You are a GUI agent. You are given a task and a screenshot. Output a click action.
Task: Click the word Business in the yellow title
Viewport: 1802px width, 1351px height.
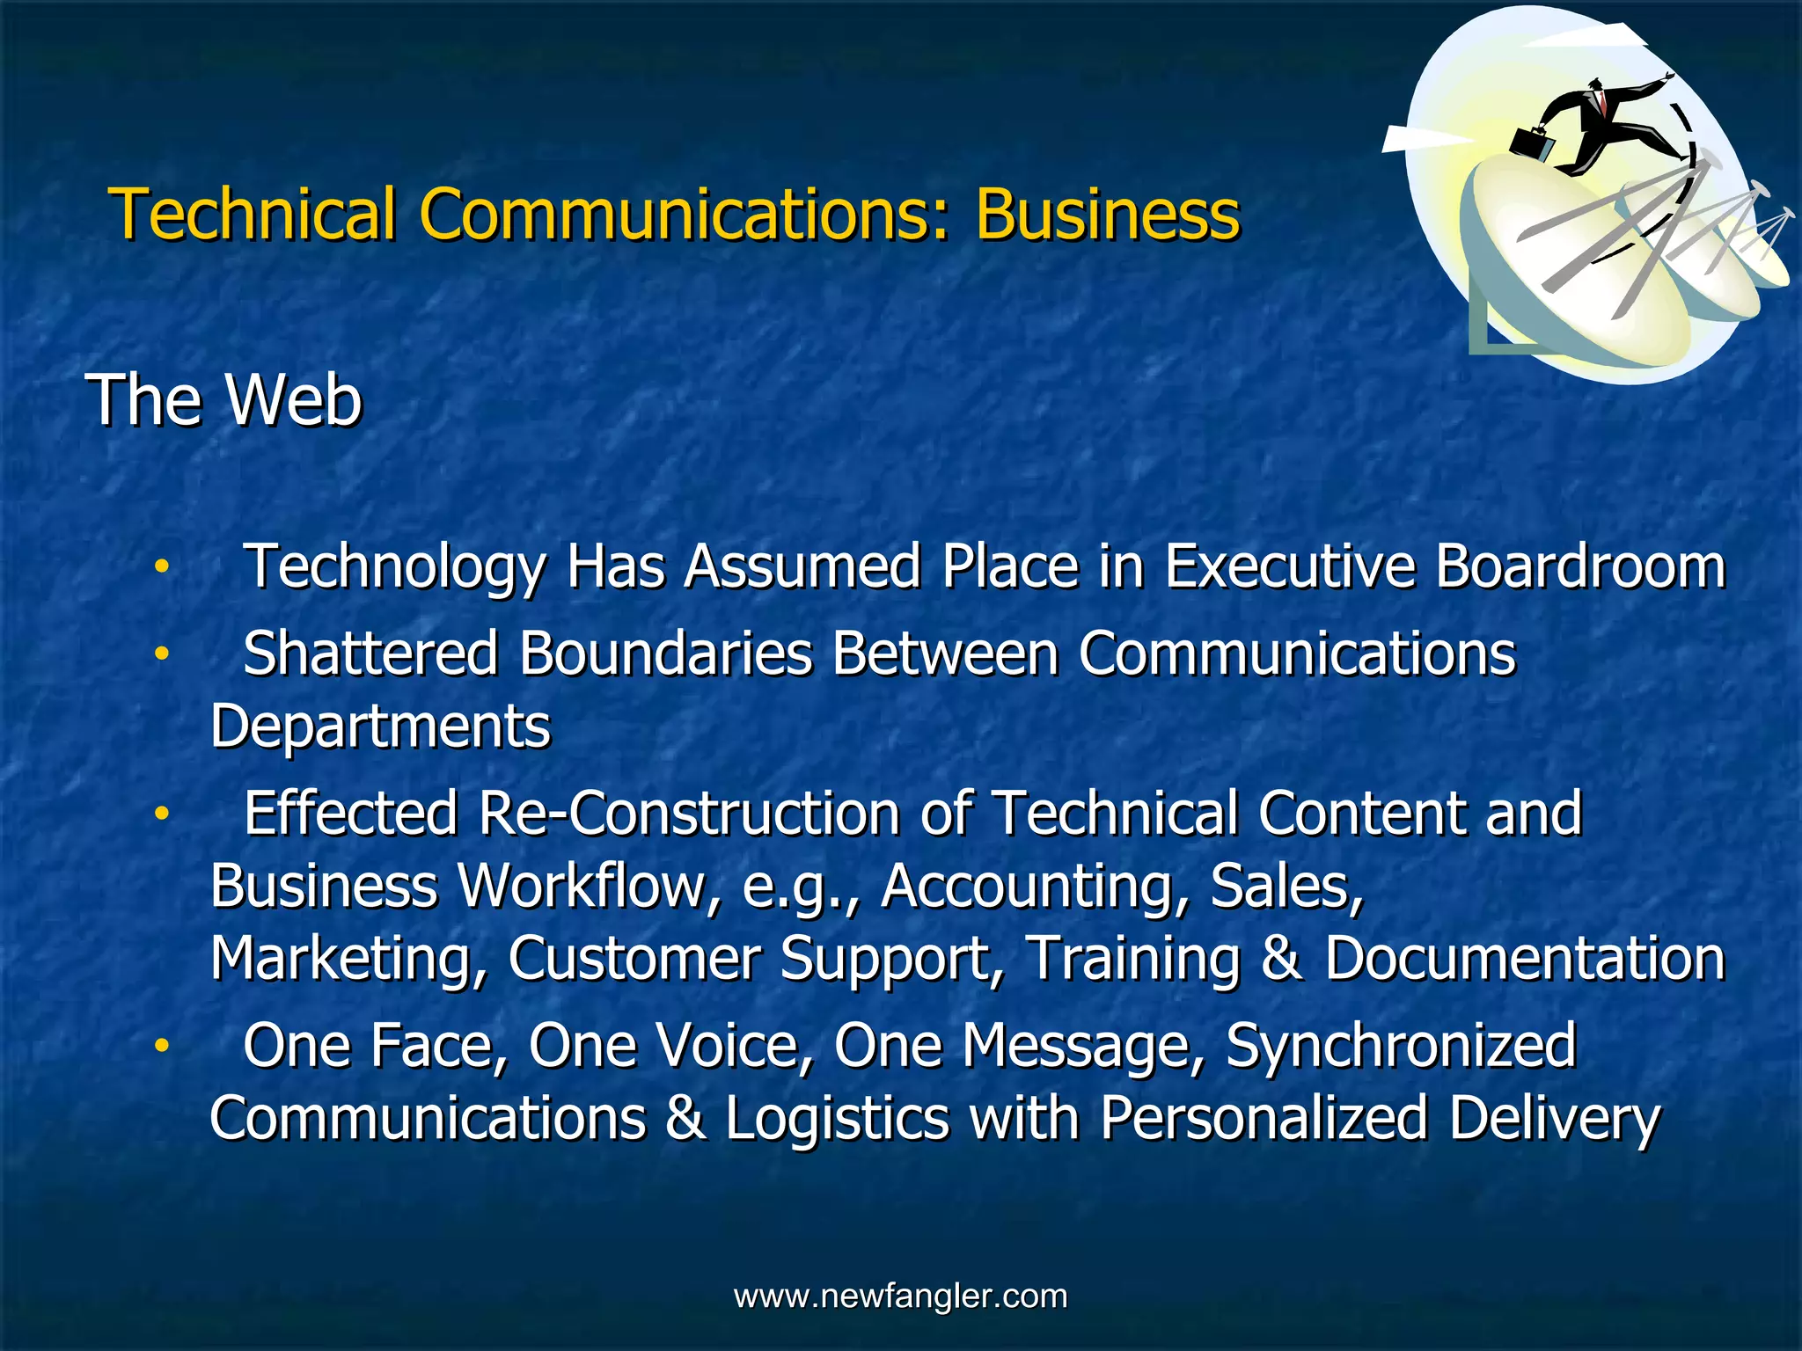click(1107, 215)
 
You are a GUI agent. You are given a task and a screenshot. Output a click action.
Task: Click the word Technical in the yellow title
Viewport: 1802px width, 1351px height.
click(253, 215)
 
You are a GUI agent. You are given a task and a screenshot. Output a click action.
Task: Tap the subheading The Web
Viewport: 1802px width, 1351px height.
click(223, 400)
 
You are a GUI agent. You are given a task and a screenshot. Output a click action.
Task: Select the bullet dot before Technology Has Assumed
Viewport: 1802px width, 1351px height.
click(161, 567)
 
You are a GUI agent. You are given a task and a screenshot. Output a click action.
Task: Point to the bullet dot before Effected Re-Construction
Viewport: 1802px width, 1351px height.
click(161, 814)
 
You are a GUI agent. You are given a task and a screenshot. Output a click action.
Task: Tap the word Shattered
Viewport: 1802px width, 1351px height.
click(370, 654)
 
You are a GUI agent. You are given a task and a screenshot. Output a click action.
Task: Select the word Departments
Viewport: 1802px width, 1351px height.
click(380, 727)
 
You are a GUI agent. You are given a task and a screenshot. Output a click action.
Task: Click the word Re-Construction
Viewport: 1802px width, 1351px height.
click(688, 814)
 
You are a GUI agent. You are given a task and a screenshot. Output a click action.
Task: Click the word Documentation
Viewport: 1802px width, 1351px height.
click(1524, 959)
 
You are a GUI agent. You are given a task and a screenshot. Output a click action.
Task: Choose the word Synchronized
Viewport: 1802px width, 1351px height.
click(1400, 1047)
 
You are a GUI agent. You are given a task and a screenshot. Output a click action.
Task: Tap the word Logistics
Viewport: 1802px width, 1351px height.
click(837, 1119)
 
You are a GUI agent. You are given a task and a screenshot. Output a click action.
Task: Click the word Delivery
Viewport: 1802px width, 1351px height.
click(1554, 1119)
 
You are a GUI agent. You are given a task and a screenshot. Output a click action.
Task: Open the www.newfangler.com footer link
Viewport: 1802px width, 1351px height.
click(900, 1296)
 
